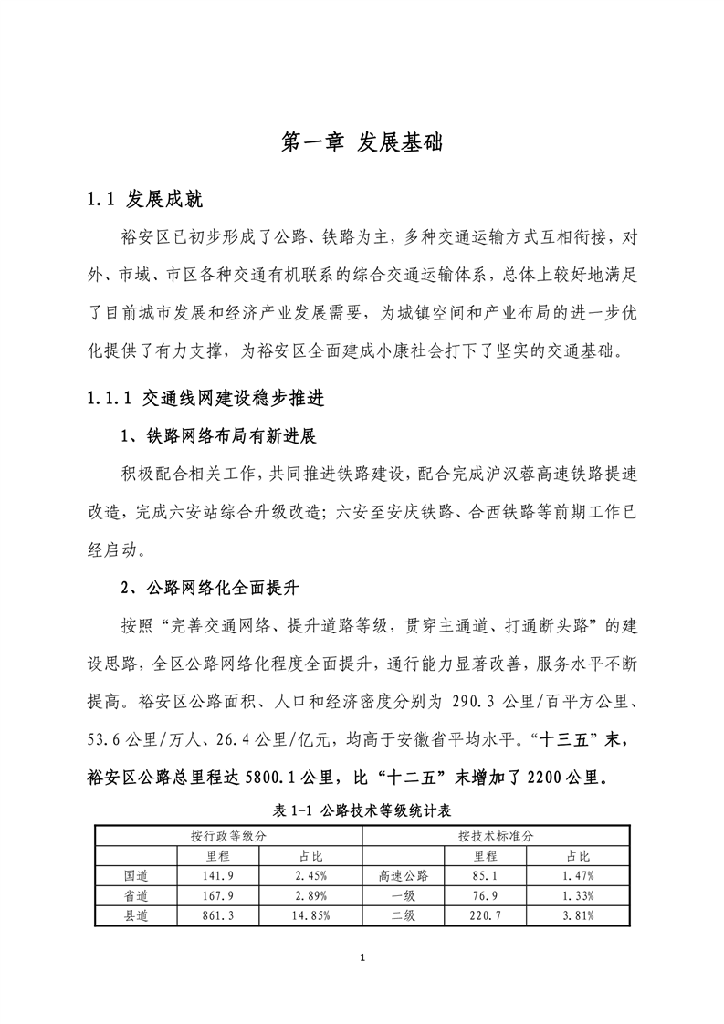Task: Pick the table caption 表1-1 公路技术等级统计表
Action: pos(362,810)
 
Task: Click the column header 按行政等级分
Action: pos(228,835)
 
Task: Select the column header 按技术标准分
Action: pos(497,835)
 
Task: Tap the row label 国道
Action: pos(136,876)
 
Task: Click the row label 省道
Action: pos(136,895)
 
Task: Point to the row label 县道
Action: pos(136,914)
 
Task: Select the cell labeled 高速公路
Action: pos(403,876)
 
